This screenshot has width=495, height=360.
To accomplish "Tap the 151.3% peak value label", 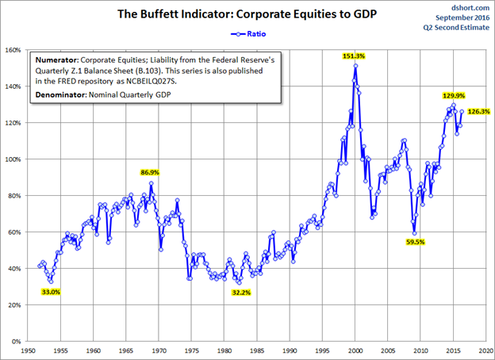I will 355,56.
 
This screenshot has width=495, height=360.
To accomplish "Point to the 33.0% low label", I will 49,292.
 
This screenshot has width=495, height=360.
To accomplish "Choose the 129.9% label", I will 453,95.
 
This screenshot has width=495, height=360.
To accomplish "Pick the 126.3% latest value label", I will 478,112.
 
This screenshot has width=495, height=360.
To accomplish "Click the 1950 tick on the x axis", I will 28,349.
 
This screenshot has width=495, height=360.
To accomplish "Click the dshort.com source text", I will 470,6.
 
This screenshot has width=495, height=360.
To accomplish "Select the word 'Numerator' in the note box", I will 58,59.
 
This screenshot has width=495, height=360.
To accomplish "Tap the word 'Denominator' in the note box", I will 63,95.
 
